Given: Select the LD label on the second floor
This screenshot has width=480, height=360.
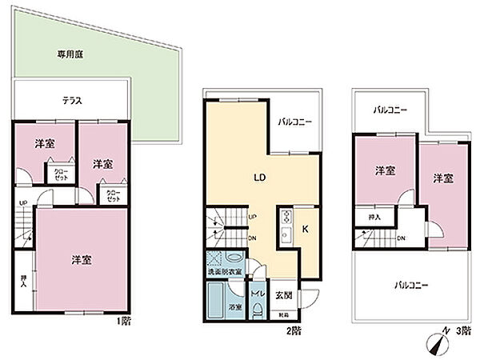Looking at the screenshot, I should coord(260,177).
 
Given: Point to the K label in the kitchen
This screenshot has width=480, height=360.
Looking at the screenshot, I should coord(306,229).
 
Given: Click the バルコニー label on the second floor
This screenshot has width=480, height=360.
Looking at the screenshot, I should coord(294,123).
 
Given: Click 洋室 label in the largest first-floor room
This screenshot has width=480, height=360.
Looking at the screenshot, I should coord(80,261).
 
